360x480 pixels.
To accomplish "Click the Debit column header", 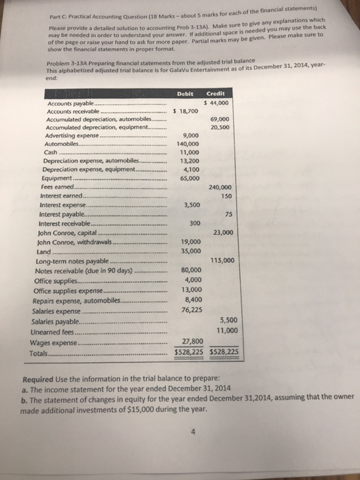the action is tap(187, 95).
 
